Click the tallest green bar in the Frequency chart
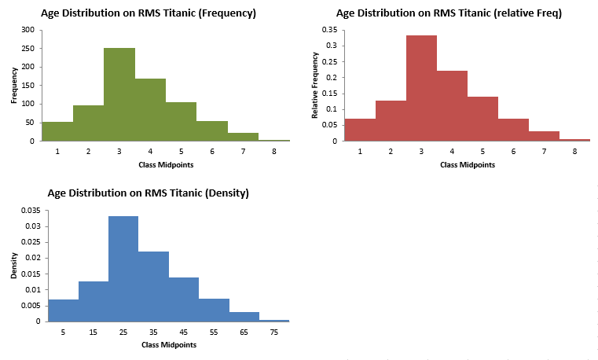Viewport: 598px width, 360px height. (119, 94)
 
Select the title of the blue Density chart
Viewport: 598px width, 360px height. (148, 193)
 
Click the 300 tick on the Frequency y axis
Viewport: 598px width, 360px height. (28, 29)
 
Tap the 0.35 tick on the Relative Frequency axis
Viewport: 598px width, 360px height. (329, 29)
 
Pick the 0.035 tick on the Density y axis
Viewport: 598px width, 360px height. (29, 211)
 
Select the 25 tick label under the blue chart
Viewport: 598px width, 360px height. (123, 332)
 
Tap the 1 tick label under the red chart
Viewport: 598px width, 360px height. (360, 151)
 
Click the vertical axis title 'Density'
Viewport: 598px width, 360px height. (14, 266)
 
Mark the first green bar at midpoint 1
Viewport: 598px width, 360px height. (57, 131)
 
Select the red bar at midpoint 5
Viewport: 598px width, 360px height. (482, 119)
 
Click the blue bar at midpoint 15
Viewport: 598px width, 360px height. (94, 301)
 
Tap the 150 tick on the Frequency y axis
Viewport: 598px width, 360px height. (28, 85)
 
